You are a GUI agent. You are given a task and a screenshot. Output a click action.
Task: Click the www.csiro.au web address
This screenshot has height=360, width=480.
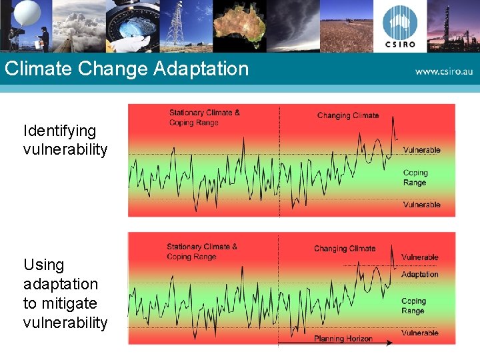(x=443, y=70)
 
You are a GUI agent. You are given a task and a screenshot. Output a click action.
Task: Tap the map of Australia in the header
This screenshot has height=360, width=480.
(x=239, y=25)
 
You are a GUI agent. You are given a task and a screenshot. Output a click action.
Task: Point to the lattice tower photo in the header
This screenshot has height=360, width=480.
(x=175, y=25)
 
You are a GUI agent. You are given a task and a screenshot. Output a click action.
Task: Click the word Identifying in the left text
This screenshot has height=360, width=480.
(x=59, y=131)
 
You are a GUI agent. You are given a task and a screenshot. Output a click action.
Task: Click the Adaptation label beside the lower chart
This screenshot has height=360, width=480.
(x=419, y=274)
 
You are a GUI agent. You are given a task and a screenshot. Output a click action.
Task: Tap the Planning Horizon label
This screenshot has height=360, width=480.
(x=343, y=339)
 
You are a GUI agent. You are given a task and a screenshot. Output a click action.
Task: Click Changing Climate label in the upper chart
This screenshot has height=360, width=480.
(x=347, y=115)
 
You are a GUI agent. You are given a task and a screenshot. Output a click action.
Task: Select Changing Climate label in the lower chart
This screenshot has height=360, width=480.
(x=344, y=249)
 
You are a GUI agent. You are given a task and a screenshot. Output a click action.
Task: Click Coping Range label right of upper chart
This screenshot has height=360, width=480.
(x=415, y=177)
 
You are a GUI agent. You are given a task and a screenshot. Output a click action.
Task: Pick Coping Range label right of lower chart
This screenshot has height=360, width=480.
(x=413, y=306)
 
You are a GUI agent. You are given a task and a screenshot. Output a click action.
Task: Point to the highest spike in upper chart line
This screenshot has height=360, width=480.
(x=393, y=118)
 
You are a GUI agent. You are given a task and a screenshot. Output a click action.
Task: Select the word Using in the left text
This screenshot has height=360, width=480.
(x=44, y=265)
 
